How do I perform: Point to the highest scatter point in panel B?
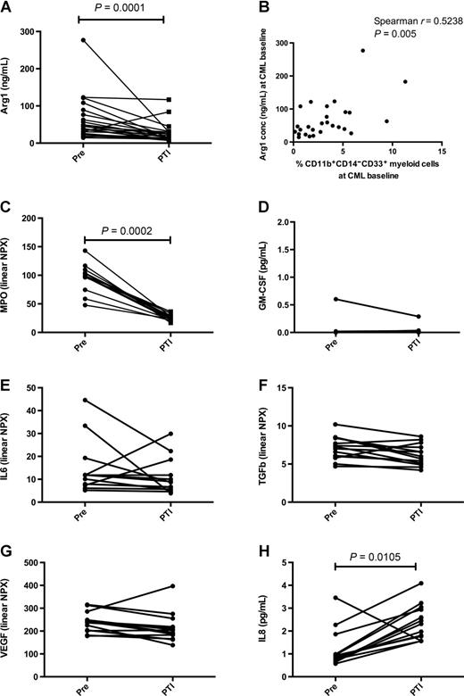[x=362, y=50]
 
